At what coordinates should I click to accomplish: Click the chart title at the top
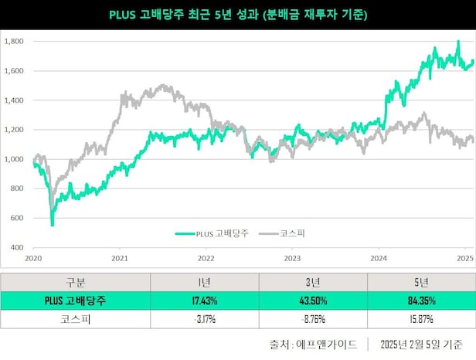237,15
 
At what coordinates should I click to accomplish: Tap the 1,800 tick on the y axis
13,42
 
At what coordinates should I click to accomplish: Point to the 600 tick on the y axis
15,218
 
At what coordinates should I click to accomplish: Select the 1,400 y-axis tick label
13,100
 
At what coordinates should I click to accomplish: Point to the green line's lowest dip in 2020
53,224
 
